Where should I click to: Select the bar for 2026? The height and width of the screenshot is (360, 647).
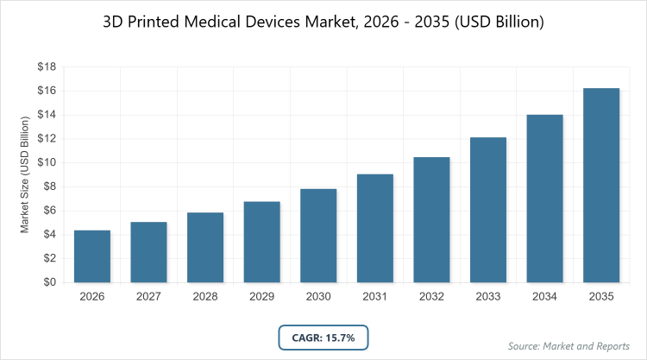point(92,256)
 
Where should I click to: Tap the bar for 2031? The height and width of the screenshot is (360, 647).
point(375,228)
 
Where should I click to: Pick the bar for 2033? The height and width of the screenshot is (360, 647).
point(488,210)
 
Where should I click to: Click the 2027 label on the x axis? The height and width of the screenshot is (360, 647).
point(148,297)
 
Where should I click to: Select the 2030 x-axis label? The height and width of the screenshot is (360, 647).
point(318,297)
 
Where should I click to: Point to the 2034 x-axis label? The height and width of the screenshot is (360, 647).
point(544,297)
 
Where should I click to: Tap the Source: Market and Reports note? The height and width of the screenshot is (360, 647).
point(568,346)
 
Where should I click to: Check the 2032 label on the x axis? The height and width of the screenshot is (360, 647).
point(431,297)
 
